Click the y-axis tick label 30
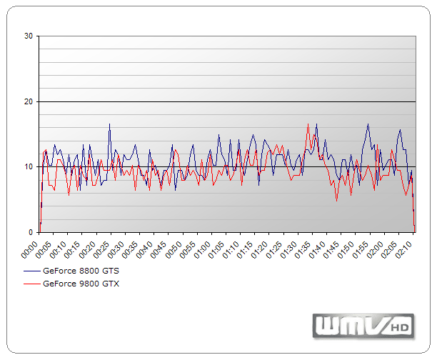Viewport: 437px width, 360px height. (29, 36)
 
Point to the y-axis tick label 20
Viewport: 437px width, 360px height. (29, 101)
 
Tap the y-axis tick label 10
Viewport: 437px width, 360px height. (29, 167)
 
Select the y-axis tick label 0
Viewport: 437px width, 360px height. (31, 232)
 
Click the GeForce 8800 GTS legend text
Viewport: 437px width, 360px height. (81, 271)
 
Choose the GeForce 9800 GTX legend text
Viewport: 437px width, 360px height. (81, 283)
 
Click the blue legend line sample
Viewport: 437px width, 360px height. (33, 271)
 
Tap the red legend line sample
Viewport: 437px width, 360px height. (33, 283)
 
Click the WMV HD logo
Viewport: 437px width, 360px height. (363, 326)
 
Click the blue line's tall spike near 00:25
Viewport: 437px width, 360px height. (109, 124)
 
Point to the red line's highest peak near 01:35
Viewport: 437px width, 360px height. (308, 124)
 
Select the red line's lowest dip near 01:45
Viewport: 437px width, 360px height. (337, 201)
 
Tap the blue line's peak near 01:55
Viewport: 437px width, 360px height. (368, 124)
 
